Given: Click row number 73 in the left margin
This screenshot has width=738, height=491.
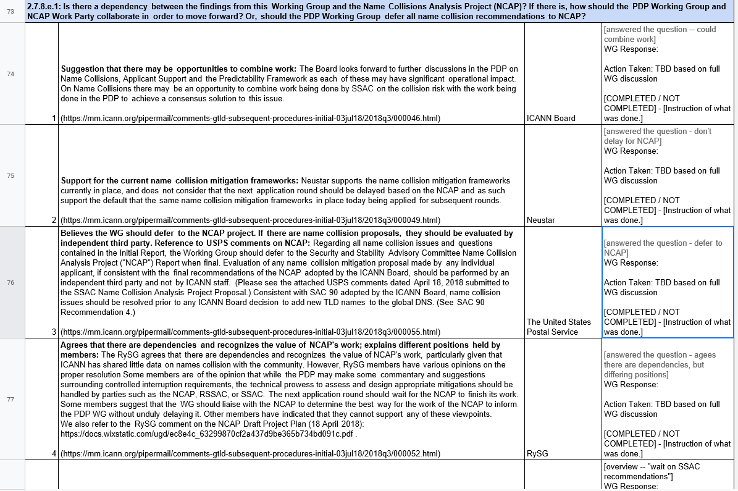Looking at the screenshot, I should pyautogui.click(x=10, y=11).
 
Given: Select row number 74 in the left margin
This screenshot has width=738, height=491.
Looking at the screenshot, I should pyautogui.click(x=10, y=73).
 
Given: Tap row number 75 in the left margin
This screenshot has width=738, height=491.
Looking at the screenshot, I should pyautogui.click(x=10, y=175).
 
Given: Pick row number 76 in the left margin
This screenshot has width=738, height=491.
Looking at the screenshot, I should pyautogui.click(x=10, y=282).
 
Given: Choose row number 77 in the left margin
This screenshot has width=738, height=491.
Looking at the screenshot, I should pyautogui.click(x=10, y=399).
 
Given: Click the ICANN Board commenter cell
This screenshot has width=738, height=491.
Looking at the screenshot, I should pyautogui.click(x=551, y=118).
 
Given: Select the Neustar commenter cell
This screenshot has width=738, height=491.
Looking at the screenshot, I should pyautogui.click(x=541, y=220).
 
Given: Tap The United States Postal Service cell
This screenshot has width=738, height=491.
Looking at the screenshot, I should pyautogui.click(x=559, y=327).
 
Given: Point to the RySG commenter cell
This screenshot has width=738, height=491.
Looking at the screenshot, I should pyautogui.click(x=537, y=453).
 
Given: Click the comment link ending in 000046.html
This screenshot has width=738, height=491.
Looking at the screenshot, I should pyautogui.click(x=250, y=118).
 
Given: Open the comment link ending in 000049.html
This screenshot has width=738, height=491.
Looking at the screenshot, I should pyautogui.click(x=250, y=220).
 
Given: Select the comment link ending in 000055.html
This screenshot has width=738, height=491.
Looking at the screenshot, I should pyautogui.click(x=250, y=332).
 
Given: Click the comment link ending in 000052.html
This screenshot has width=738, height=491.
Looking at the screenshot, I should pyautogui.click(x=250, y=453).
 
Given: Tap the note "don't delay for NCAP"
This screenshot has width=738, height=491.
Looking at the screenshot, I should pyautogui.click(x=657, y=136).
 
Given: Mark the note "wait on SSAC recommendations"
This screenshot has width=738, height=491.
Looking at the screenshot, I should pyautogui.click(x=652, y=471).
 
